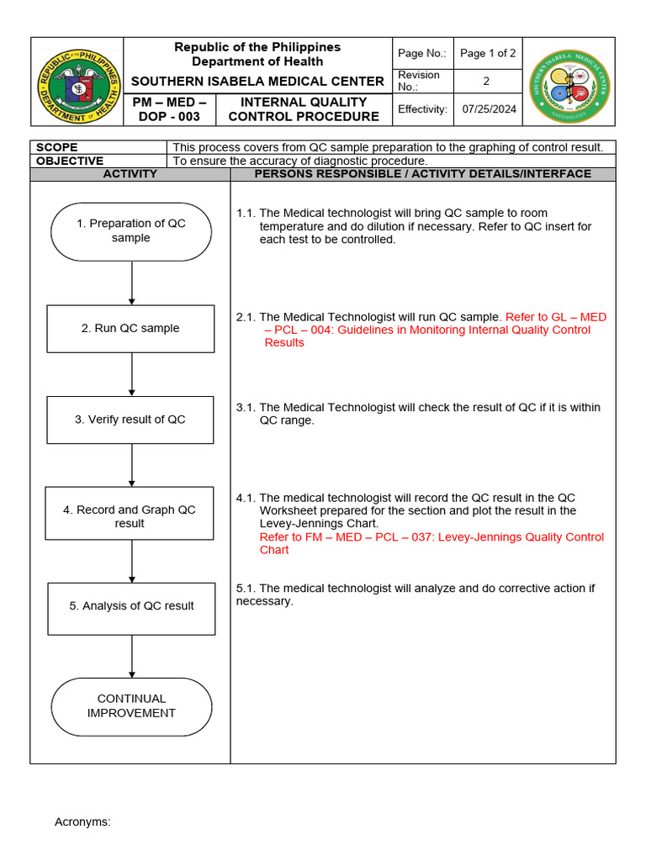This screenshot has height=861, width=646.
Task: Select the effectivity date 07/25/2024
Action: (490, 109)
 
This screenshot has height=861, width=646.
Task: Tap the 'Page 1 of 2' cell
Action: (488, 53)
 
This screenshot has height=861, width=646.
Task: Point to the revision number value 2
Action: (486, 81)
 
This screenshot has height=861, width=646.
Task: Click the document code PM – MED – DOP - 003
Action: (170, 109)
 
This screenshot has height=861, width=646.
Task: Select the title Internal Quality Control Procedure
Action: (304, 109)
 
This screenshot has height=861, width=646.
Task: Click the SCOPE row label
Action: (57, 147)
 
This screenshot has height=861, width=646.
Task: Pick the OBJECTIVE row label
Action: (70, 161)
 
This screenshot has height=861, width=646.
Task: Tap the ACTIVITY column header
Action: (130, 174)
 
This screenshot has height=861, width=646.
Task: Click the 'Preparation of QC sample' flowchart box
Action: (131, 231)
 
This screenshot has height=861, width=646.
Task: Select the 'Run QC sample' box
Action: (130, 329)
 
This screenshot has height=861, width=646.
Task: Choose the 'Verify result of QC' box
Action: (130, 420)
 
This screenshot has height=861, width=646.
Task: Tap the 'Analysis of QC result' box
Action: (131, 606)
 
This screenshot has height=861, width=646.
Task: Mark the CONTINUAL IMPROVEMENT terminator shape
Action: (131, 706)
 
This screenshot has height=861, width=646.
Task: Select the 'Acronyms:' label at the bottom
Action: (82, 821)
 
